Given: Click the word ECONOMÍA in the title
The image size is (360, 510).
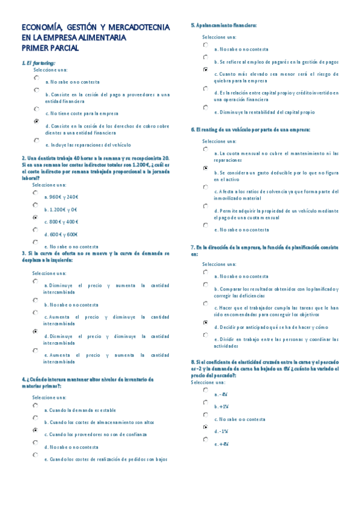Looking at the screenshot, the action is (x=41, y=27).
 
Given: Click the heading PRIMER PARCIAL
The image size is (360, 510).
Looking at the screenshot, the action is (x=50, y=48).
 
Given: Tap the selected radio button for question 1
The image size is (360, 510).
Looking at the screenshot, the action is (x=37, y=121).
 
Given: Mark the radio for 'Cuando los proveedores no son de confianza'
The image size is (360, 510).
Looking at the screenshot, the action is (x=35, y=430).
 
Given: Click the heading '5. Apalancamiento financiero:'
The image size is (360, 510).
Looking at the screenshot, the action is (x=224, y=25).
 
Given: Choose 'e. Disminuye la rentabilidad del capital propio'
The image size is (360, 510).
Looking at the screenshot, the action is (x=264, y=112).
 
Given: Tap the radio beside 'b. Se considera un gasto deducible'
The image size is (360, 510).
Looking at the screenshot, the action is (x=206, y=169).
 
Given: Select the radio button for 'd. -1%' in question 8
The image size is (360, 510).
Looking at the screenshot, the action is (x=206, y=427).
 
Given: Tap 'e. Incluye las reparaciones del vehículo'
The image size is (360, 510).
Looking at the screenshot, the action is (x=88, y=144).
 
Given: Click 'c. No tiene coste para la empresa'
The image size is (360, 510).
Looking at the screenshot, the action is (x=82, y=113).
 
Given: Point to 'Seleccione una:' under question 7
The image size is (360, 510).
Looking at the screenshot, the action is (x=219, y=263).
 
